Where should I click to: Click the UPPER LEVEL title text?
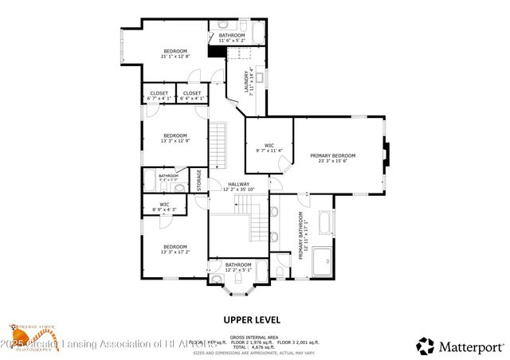point(253,319)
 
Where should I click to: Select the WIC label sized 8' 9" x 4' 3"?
point(164,206)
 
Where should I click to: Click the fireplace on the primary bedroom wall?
point(386,155)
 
